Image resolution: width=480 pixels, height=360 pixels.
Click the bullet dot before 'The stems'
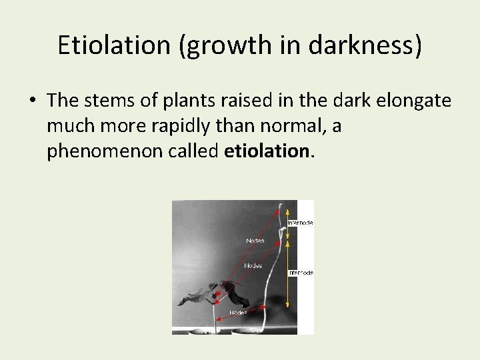coord(31,101)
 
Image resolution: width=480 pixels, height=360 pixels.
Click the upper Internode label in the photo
coord(300,221)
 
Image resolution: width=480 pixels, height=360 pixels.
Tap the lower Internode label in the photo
coord(301,272)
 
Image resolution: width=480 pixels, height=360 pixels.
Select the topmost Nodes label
coord(255,239)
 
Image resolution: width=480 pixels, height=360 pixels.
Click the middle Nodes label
coord(253,265)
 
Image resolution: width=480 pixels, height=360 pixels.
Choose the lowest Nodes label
coord(238,311)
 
